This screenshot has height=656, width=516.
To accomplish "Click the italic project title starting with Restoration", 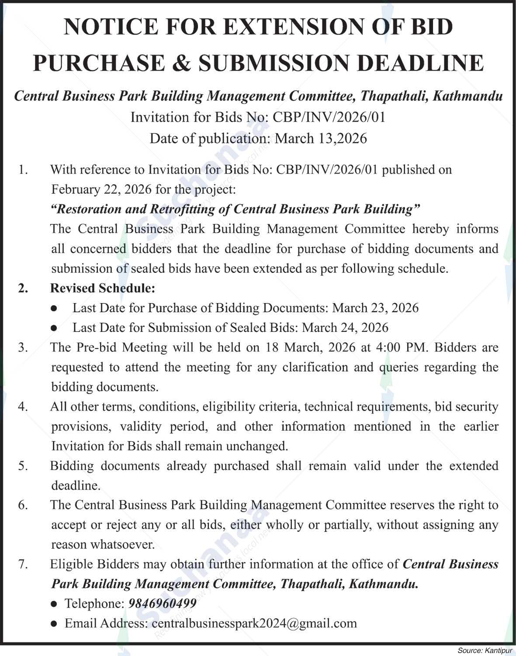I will [235, 209].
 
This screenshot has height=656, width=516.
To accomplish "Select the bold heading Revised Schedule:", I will [103, 288].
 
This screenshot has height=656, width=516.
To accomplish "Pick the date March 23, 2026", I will [375, 308].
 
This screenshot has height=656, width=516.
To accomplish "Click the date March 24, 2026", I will [345, 328].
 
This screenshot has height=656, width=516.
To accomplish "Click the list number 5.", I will [23, 466].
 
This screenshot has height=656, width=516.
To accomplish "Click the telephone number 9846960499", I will [162, 604].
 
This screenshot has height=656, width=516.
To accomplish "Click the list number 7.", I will [23, 564].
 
